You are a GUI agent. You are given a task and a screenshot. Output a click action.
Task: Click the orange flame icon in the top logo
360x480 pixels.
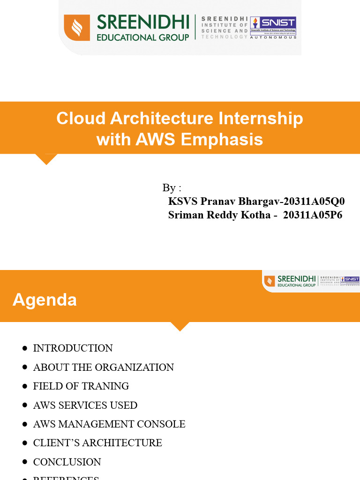[x=77, y=28]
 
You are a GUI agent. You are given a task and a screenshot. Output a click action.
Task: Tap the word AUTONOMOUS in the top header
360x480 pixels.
[x=273, y=37]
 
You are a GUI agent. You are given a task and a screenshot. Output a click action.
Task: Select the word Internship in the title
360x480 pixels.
[x=261, y=119]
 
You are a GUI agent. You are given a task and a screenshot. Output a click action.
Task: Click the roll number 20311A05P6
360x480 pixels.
[x=313, y=215]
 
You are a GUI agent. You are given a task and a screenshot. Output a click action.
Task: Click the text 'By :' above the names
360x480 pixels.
[x=172, y=188]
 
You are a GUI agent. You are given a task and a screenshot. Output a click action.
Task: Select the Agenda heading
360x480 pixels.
[x=45, y=300]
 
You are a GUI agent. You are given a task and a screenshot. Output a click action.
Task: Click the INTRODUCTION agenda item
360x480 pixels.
[x=73, y=348]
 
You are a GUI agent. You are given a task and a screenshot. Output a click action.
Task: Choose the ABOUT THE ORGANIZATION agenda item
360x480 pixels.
[x=103, y=367]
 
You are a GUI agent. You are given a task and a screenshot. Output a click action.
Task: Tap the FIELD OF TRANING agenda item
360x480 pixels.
[x=81, y=386]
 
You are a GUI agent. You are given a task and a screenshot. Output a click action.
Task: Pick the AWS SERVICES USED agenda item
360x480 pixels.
[x=85, y=405]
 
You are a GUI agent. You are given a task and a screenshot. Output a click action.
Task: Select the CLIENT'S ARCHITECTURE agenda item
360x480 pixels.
[x=97, y=443]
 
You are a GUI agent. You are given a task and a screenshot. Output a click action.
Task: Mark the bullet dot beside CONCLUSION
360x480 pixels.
[x=24, y=462]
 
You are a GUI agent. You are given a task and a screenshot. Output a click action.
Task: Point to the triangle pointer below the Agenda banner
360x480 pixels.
[x=180, y=326]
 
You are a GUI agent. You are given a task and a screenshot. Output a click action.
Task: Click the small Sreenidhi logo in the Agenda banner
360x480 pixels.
[x=311, y=281]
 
